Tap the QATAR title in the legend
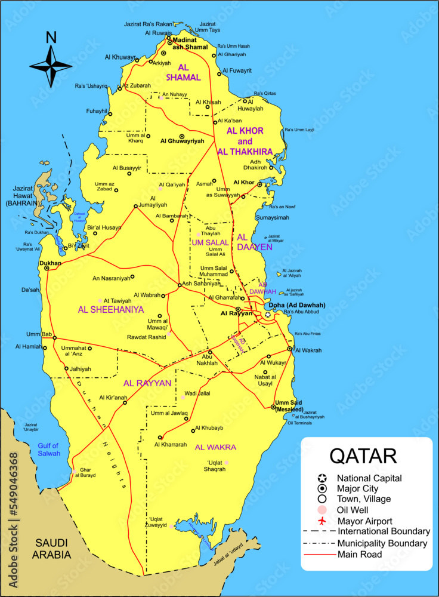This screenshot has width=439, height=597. pos(363,456)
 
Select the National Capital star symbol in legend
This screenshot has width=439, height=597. pos(323,478)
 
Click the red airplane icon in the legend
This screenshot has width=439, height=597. pos(323,521)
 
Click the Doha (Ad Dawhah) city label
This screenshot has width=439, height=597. pos(301,306)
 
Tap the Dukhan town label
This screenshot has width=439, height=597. pos(50,262)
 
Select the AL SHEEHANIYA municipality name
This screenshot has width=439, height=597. pos(111,310)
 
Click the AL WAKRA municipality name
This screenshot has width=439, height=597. pos(215,447)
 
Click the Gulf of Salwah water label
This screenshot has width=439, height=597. pos(49,450)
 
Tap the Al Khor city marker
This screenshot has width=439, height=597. pos(259,184)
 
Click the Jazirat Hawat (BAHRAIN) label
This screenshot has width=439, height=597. pos(21,196)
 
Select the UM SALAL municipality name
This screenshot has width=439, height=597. pos(210,242)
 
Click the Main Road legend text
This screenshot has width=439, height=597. pos(360,555)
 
